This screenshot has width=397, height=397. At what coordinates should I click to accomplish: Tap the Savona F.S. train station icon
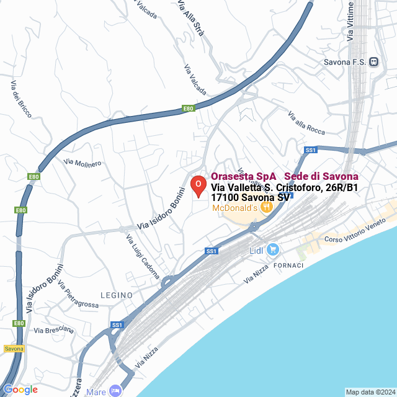click(x=373, y=61)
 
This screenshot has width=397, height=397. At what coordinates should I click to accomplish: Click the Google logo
click(x=20, y=390)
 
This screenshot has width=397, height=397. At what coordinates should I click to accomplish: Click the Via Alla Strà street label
click(x=190, y=19)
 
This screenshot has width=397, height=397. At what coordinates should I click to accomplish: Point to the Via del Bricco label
click(x=21, y=99)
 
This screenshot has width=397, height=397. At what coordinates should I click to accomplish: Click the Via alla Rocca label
click(x=306, y=123)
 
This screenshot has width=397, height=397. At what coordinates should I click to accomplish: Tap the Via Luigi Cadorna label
click(x=143, y=256)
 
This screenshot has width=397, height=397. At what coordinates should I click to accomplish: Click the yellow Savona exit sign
click(x=14, y=349)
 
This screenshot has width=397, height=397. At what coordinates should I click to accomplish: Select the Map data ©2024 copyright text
click(x=370, y=391)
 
